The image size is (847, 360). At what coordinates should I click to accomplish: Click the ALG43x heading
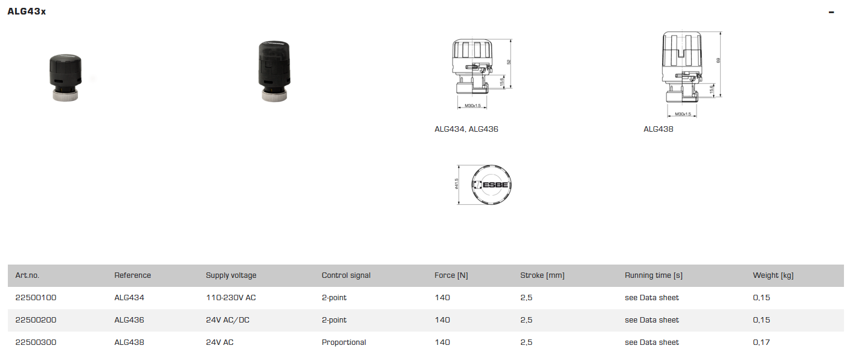click(x=27, y=11)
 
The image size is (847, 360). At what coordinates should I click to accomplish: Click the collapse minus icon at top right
click(x=831, y=12)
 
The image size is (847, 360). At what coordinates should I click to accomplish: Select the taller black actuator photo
click(x=275, y=70)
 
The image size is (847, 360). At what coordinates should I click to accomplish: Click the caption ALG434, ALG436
click(x=466, y=129)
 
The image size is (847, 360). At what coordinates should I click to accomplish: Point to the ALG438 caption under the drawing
click(x=658, y=129)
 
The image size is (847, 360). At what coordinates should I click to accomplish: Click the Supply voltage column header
click(x=231, y=275)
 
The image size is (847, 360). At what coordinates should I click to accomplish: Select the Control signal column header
click(x=346, y=275)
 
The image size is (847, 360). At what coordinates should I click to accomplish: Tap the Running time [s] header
click(x=653, y=275)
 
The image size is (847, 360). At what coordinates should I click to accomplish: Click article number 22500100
click(x=36, y=298)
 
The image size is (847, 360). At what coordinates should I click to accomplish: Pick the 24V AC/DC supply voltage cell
click(x=227, y=320)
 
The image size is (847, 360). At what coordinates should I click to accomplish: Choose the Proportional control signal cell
click(x=344, y=342)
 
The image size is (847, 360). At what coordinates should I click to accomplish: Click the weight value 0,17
click(x=761, y=342)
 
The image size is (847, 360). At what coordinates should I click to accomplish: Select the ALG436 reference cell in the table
click(x=129, y=320)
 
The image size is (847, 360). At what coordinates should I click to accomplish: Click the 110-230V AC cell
click(x=231, y=298)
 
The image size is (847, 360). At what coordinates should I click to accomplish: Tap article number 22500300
click(x=36, y=342)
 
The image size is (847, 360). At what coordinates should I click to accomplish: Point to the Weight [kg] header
click(x=773, y=275)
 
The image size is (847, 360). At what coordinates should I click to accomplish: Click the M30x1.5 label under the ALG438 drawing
click(x=683, y=114)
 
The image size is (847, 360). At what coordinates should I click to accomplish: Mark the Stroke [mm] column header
click(x=542, y=275)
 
